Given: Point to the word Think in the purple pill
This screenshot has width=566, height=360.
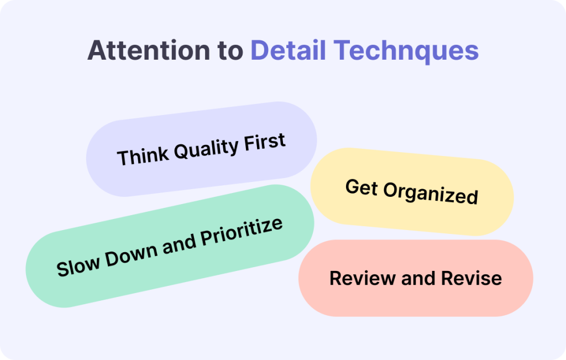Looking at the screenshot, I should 142,155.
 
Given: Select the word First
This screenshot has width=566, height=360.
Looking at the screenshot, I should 265,142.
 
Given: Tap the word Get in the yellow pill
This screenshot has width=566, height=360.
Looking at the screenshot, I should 361,187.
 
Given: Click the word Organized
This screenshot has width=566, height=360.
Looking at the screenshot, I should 431,194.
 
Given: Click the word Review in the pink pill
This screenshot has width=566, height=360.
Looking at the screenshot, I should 363,278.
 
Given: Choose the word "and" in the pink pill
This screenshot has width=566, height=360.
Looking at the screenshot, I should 418,278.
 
